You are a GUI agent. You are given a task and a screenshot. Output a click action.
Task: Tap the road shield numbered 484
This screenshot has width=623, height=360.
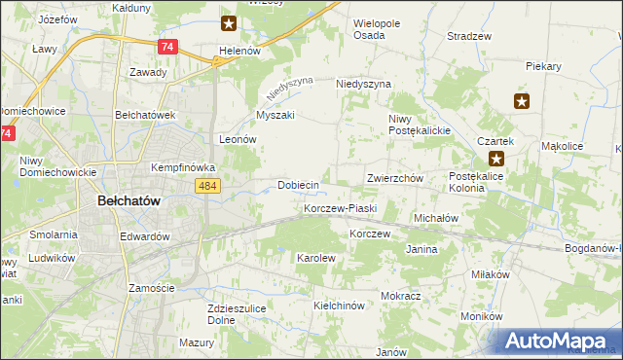tap(209, 186)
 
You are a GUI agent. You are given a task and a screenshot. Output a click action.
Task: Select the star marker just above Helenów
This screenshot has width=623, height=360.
tap(228, 22)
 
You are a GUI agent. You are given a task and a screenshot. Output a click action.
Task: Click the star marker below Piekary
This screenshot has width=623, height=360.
tap(521, 100)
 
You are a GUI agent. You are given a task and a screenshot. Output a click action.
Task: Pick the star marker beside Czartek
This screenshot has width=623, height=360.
tap(496, 159)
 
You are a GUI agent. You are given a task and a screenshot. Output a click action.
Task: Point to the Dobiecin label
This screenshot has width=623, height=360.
tap(298, 185)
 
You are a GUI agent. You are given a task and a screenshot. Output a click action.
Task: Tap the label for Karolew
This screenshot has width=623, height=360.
tap(315, 258)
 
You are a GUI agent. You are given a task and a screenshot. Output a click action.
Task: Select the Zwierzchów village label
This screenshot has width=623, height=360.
tap(393, 179)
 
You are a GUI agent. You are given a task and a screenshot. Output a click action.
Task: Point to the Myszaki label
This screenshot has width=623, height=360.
tap(275, 115)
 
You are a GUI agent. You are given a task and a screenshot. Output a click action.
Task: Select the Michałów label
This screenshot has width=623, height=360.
tap(436, 219)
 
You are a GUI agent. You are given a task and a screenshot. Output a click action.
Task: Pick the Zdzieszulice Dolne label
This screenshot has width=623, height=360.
tap(231, 314)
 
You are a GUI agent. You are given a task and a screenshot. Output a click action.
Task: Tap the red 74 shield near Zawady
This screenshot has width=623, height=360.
tap(167, 47)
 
